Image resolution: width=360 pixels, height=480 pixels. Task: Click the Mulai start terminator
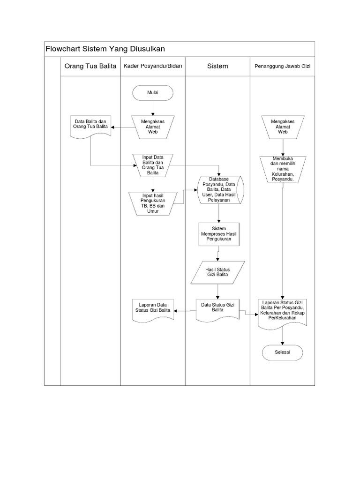coord(153,92)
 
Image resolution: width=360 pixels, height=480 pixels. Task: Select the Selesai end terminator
coord(283,352)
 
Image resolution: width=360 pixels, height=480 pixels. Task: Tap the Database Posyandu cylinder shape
coord(219,189)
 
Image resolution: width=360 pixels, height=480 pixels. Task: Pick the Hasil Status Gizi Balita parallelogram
coord(217,272)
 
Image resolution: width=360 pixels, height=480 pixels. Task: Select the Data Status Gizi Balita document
coord(217,308)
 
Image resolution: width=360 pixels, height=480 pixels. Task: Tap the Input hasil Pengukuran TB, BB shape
coord(150,202)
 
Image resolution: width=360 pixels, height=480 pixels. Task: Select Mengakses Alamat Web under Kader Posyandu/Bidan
coord(153,126)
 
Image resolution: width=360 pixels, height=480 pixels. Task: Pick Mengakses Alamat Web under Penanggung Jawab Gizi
coord(283,126)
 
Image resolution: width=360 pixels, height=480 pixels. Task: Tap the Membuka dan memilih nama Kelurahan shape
coord(283,168)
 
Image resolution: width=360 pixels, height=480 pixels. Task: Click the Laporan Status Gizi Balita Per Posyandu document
coord(283,311)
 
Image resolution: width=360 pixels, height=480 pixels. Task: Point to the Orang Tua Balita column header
coord(90,66)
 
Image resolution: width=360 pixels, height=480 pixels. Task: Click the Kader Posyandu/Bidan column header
coord(152,66)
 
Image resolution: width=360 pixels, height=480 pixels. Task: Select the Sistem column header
coord(217,66)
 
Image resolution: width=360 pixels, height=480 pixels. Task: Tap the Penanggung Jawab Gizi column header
coord(282,67)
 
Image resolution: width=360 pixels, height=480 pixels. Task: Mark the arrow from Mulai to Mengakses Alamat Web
coord(153,108)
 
